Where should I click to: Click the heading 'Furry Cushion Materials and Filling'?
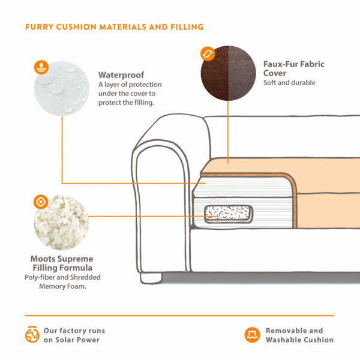[x=114, y=27]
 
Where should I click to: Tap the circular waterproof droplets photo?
[x=61, y=87]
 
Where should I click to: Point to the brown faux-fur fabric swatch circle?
[x=229, y=75]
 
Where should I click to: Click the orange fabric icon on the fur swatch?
[x=207, y=54]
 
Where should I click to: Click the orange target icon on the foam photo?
[x=41, y=202]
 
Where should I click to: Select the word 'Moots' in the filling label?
[x=44, y=259]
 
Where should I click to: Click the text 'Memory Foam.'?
[x=62, y=287]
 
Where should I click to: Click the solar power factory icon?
[x=32, y=335]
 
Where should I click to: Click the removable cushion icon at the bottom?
[x=251, y=335]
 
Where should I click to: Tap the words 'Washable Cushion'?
[x=299, y=340]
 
